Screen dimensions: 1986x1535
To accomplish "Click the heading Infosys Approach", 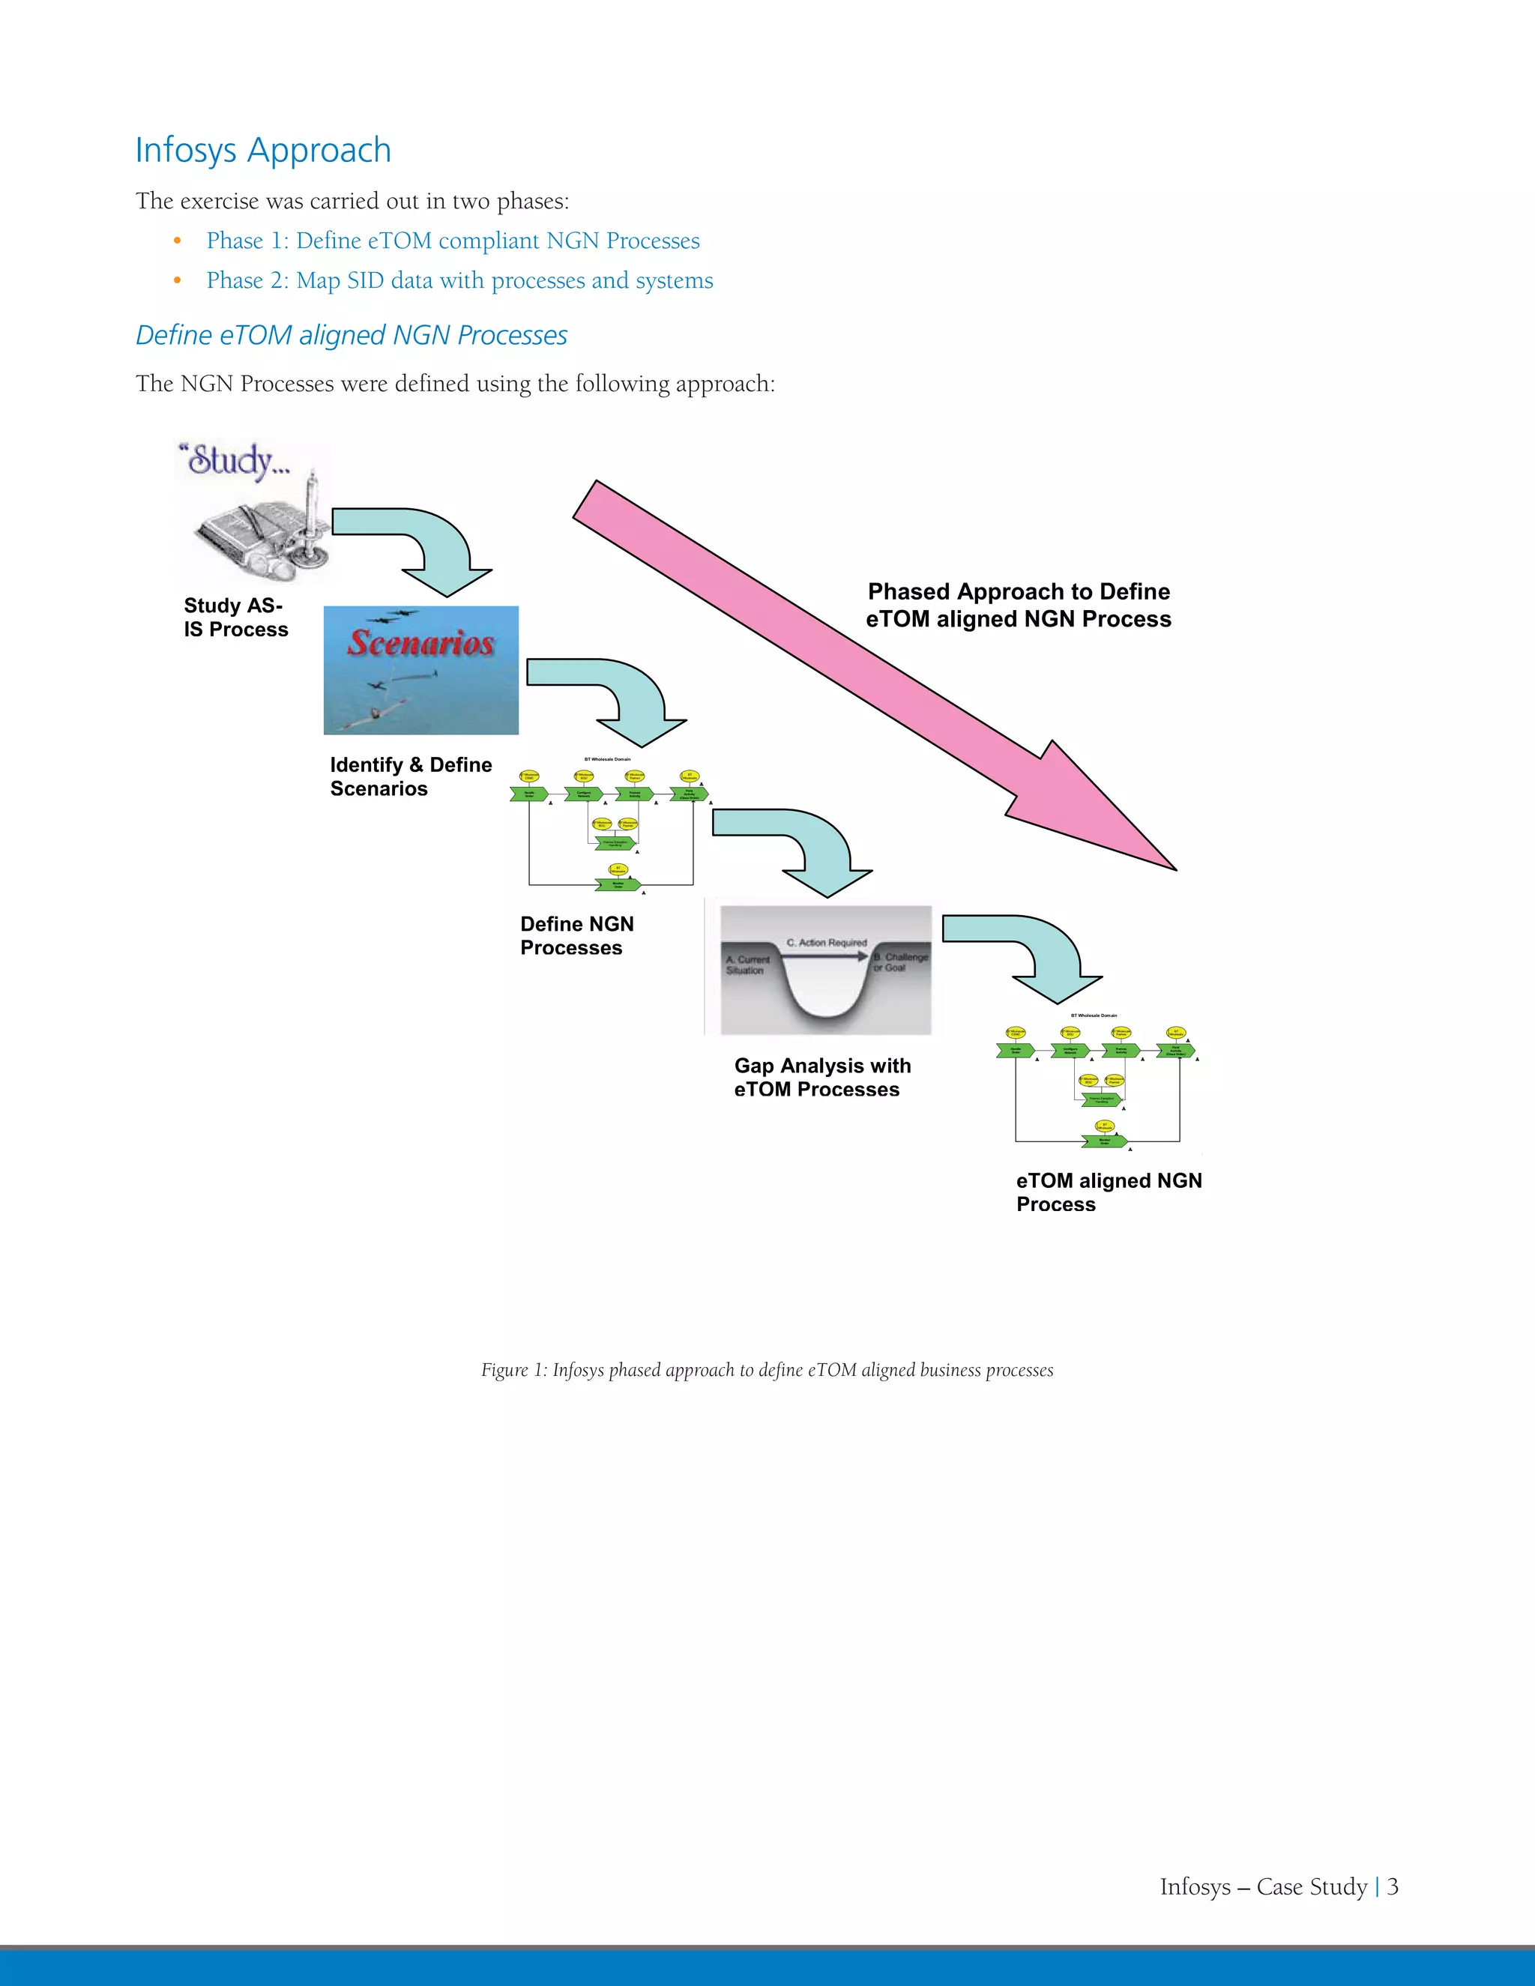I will point(263,150).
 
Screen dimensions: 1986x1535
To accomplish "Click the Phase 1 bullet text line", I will point(452,241).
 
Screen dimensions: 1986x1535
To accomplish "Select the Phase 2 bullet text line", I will point(459,281).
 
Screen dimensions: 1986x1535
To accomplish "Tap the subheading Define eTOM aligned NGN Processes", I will point(351,336).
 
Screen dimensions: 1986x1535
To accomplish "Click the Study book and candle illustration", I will point(253,512).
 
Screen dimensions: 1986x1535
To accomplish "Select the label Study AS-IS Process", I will point(235,618).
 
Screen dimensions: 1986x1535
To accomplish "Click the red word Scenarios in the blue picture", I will point(420,643).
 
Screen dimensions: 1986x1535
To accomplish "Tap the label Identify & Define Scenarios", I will point(410,776).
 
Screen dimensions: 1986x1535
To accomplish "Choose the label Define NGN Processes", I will point(576,936).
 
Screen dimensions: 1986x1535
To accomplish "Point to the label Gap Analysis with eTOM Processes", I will point(822,1078).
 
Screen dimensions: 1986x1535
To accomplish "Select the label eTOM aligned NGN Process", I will point(1109,1192).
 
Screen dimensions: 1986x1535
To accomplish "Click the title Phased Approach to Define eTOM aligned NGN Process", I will point(1019,606).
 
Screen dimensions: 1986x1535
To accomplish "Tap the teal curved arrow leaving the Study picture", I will point(423,546).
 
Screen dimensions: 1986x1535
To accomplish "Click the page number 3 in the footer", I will point(1393,1887).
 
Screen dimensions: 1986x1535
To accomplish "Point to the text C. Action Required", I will point(827,943).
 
